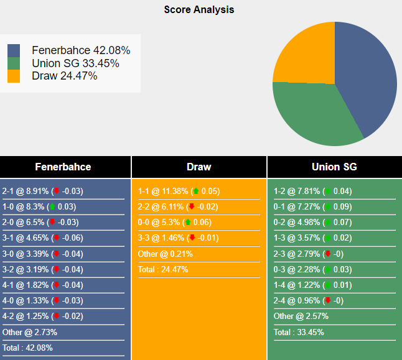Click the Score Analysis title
199,9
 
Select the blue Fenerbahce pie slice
367,75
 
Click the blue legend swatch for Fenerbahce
14,50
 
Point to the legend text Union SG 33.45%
75,63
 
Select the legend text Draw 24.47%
64,76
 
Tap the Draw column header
199,167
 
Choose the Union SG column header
334,167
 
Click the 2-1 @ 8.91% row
42,192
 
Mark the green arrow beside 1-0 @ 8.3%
52,207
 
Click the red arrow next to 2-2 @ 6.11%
192,207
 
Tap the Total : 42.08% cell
28,348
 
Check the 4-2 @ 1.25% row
42,316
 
